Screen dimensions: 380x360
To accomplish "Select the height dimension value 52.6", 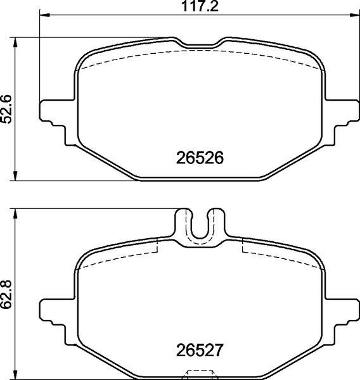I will (7, 110).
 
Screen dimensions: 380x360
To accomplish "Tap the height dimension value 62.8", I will (7, 294).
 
